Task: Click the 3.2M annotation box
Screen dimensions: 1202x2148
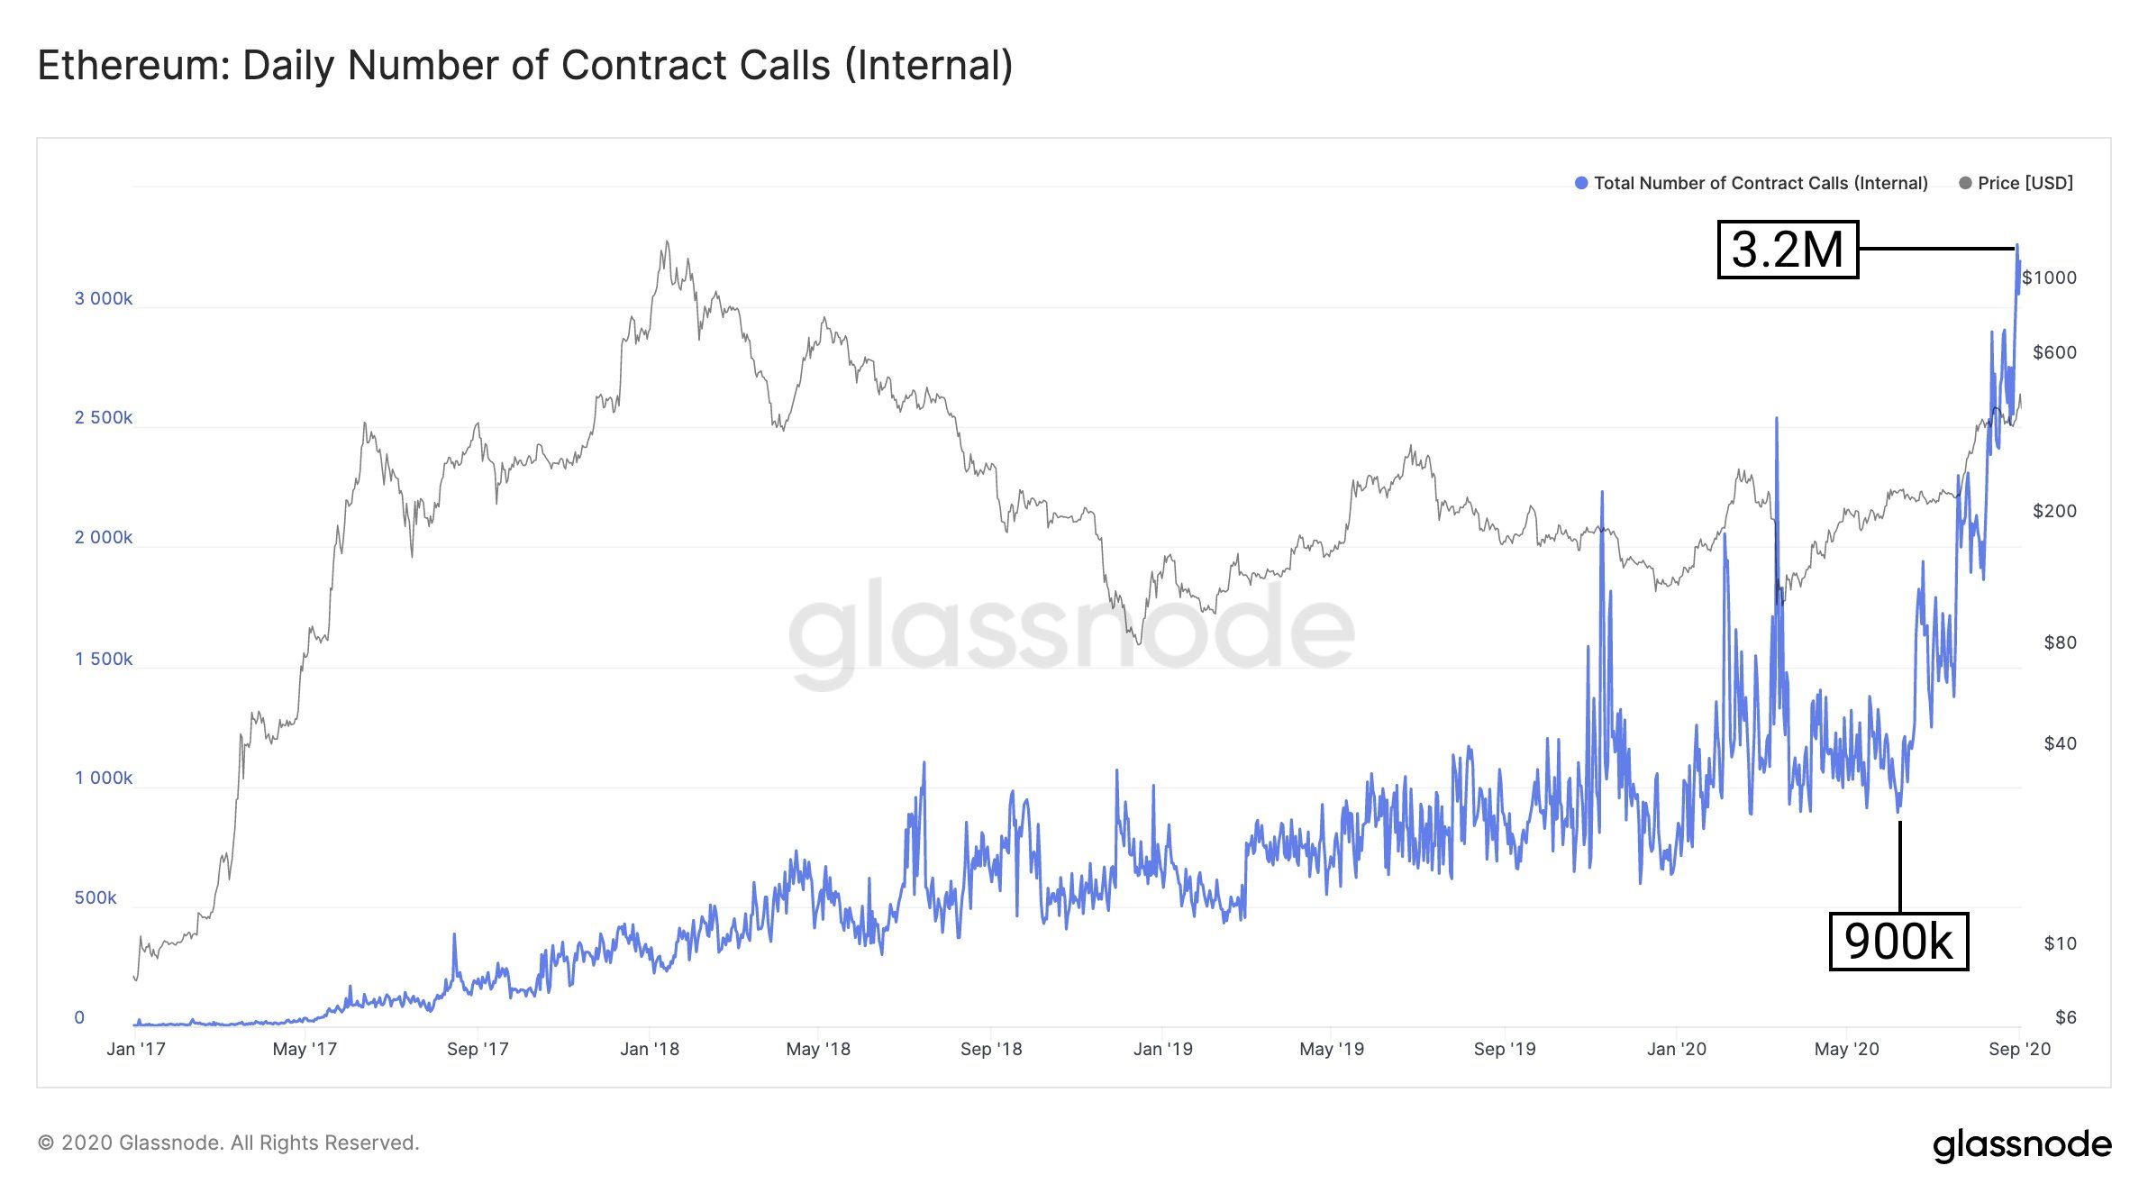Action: click(x=1788, y=250)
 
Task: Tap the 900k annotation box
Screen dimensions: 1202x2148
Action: click(x=1898, y=942)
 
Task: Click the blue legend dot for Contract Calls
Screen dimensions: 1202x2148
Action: click(x=1580, y=183)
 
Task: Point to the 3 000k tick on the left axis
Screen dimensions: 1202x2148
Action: click(x=103, y=298)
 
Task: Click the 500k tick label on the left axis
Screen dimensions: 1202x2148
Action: click(x=96, y=897)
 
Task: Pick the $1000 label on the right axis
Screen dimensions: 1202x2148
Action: click(x=2049, y=278)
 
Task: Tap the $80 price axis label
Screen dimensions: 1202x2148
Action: click(x=2060, y=642)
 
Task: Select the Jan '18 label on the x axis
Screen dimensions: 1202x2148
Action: click(x=650, y=1049)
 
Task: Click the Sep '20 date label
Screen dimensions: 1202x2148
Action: click(x=2019, y=1049)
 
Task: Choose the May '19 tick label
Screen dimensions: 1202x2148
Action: click(x=1332, y=1049)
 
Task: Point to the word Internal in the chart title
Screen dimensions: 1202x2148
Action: click(x=929, y=66)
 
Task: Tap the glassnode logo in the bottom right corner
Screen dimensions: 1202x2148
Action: click(x=2022, y=1144)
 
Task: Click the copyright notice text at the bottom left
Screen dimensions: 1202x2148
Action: click(x=229, y=1143)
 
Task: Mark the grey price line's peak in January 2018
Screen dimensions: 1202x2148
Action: click(x=667, y=241)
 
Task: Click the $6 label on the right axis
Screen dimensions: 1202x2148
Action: click(x=2065, y=1017)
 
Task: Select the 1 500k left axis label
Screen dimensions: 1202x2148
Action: click(x=103, y=659)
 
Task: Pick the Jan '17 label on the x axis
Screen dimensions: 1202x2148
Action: click(x=136, y=1049)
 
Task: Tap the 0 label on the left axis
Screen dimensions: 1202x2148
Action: click(x=79, y=1017)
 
